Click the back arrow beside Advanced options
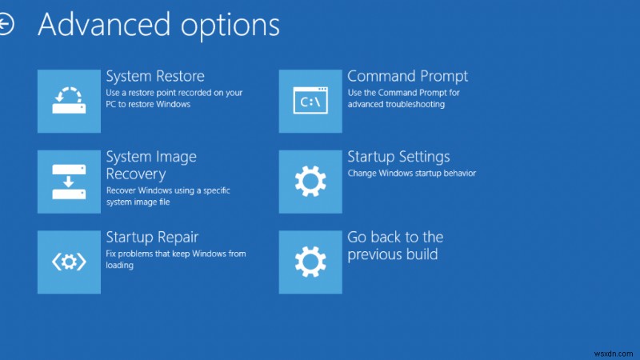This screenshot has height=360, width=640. pos(6,25)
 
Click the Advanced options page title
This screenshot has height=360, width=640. pos(158,25)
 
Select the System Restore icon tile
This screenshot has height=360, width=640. pos(69,101)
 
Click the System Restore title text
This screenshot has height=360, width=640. pos(155,77)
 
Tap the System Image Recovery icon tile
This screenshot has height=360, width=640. pos(69,181)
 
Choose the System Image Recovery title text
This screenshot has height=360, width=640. pos(151,165)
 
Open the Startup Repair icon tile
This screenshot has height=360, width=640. pos(69,262)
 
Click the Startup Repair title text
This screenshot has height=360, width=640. pos(152,237)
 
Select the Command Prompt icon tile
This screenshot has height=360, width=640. pos(310,101)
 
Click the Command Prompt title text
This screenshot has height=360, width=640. pos(407,77)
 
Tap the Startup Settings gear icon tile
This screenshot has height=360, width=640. pos(310,181)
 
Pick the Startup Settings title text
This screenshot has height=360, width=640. pos(398,157)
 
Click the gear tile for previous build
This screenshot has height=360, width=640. pos(310,262)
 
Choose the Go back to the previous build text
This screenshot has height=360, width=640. pos(395,246)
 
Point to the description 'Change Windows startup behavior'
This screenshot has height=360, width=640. pos(411,173)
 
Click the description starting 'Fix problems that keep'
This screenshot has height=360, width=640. pos(175,259)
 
